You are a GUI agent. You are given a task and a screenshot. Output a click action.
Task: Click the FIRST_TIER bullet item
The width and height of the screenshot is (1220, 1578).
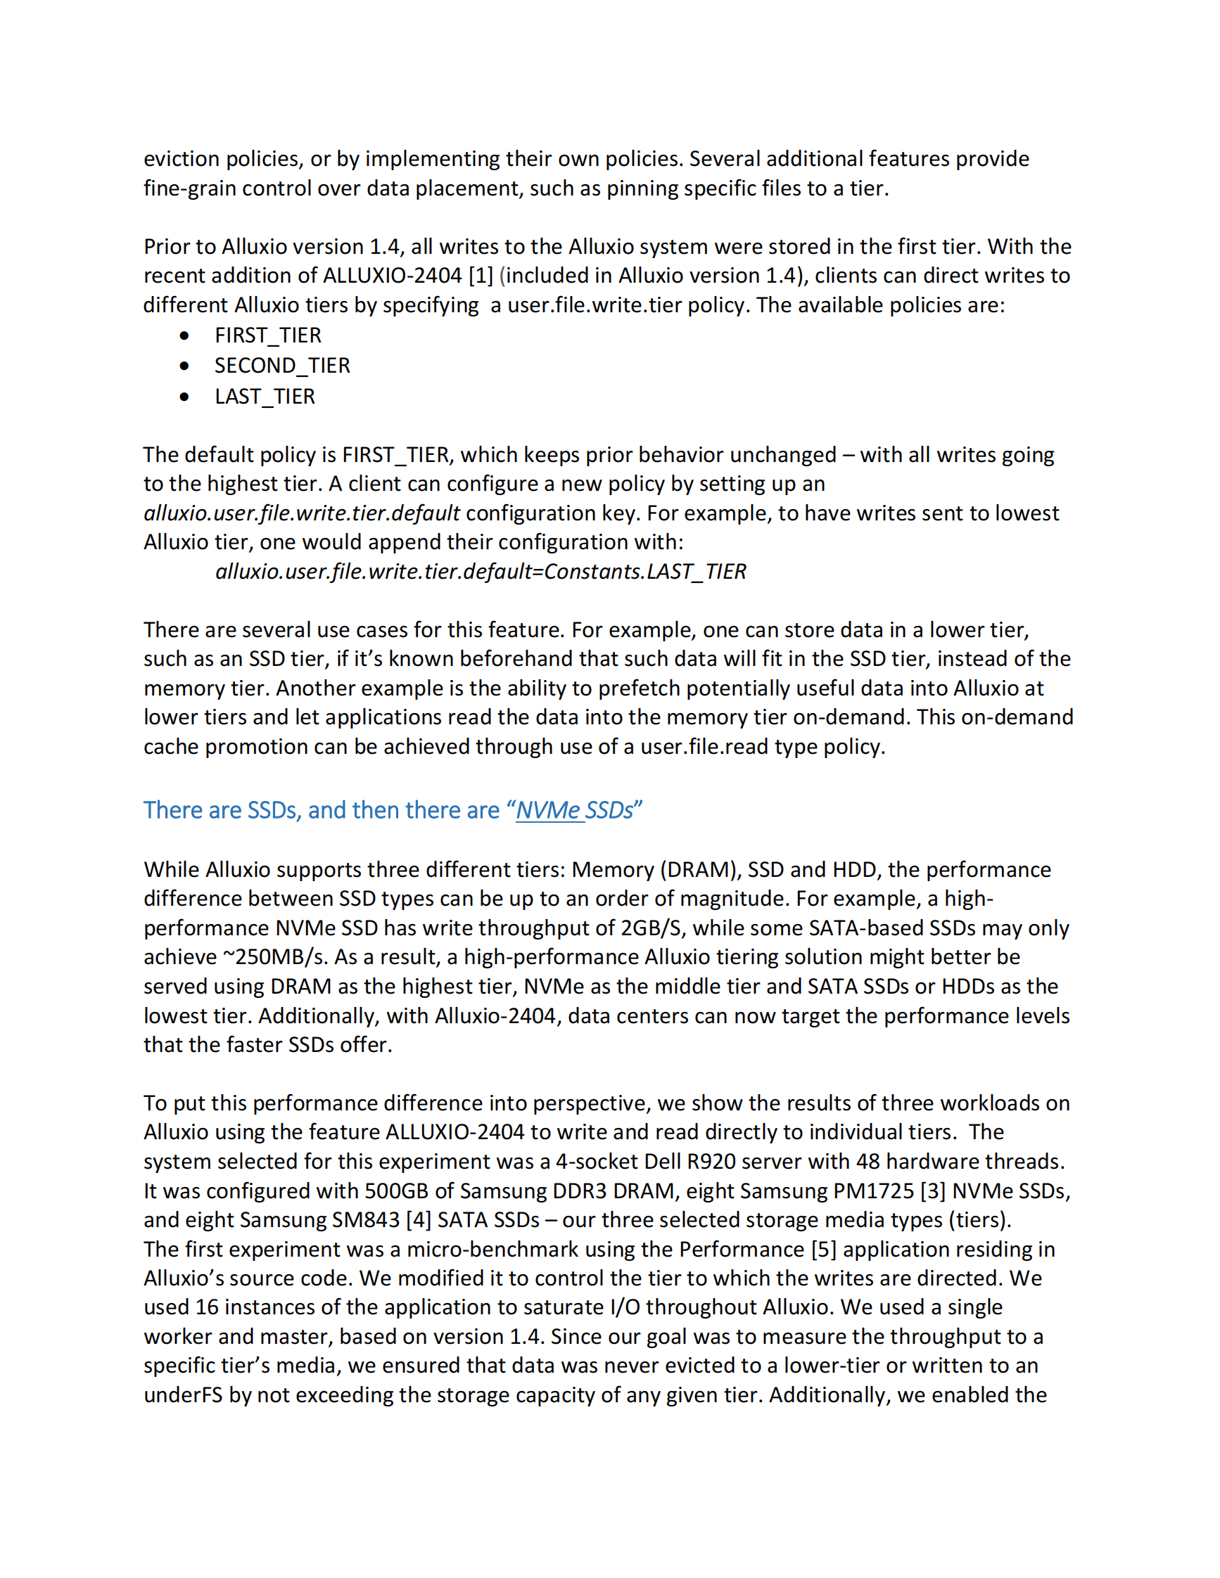pos(267,335)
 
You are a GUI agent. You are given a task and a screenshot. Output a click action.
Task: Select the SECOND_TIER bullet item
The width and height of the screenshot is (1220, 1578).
pos(282,366)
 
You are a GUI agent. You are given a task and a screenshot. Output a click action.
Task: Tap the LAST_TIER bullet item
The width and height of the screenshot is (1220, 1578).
pos(265,397)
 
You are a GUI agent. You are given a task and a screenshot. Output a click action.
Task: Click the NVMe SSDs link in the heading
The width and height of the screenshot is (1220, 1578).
pos(574,811)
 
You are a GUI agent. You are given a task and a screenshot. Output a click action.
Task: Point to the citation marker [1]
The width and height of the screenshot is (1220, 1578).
pos(481,276)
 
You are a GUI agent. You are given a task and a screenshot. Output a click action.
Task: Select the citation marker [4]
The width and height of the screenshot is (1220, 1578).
pos(419,1220)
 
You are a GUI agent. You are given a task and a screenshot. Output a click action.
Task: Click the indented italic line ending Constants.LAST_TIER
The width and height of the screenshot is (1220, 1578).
pos(481,572)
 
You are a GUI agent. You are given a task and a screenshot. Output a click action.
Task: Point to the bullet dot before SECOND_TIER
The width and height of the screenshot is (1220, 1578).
pos(185,366)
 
